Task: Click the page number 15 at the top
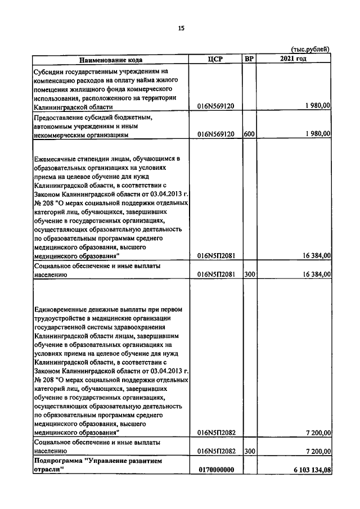pyautogui.click(x=181, y=28)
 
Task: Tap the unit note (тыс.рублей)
pyautogui.click(x=310, y=49)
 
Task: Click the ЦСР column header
pyautogui.click(x=216, y=59)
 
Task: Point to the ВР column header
pyautogui.click(x=249, y=59)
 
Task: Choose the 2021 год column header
pyautogui.click(x=294, y=59)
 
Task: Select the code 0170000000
pyautogui.click(x=216, y=470)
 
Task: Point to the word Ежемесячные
pyautogui.click(x=57, y=159)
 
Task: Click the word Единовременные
pyautogui.click(x=61, y=309)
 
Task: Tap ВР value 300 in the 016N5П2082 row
pyautogui.click(x=250, y=451)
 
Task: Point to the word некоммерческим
pyautogui.click(x=61, y=135)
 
